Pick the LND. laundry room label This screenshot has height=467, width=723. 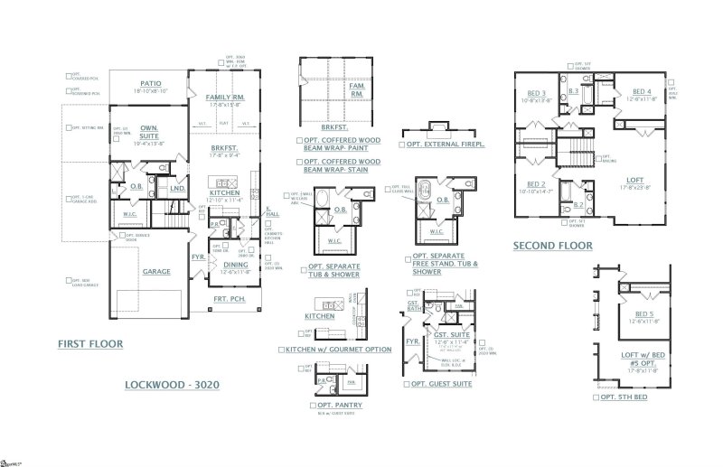pyautogui.click(x=178, y=189)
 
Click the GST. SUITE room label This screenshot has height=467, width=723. pyautogui.click(x=448, y=333)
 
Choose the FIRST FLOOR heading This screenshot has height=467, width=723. pyautogui.click(x=90, y=344)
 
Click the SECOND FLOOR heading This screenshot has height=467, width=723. pyautogui.click(x=553, y=245)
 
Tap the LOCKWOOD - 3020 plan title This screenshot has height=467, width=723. pyautogui.click(x=173, y=385)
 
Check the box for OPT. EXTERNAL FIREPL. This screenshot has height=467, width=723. pyautogui.click(x=401, y=145)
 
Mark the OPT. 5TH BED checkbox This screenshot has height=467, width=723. pyautogui.click(x=596, y=397)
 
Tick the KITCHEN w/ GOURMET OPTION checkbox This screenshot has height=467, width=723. pyautogui.click(x=282, y=350)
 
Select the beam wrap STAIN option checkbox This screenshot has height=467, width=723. pyautogui.click(x=299, y=162)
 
